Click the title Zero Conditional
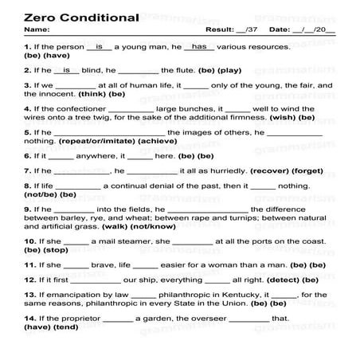pos(70,17)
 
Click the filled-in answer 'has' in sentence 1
pos(199,47)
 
